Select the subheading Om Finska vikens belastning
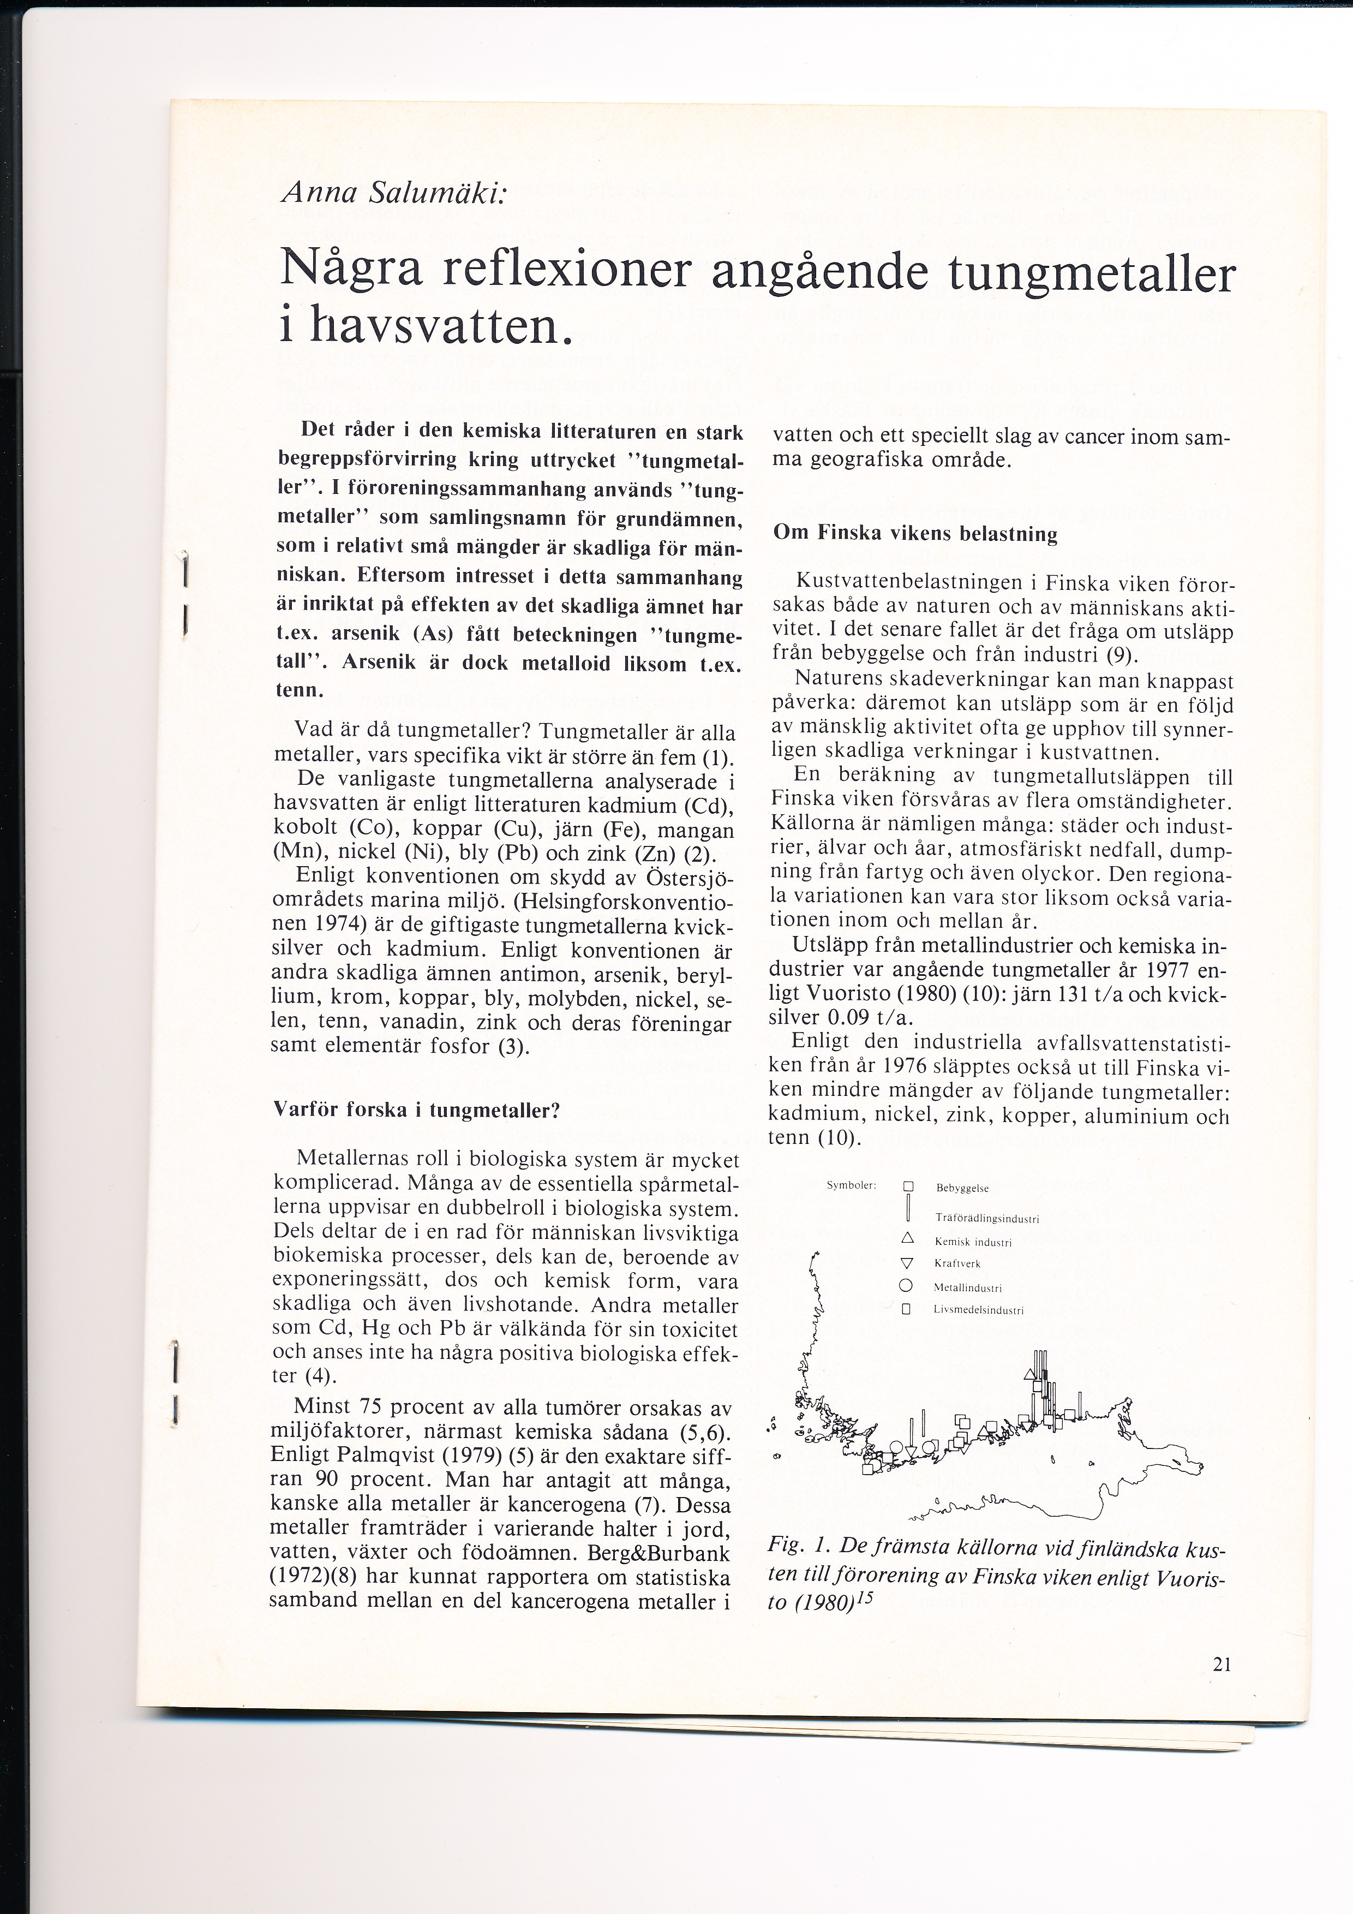click(x=915, y=534)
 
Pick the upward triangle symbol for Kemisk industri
click(x=908, y=1239)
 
